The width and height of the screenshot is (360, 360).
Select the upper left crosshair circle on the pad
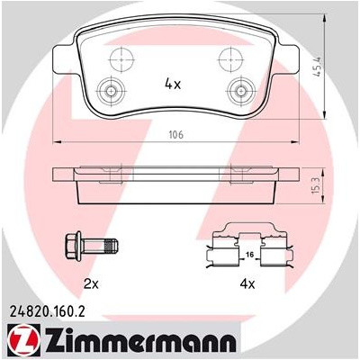pyautogui.click(x=121, y=59)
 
